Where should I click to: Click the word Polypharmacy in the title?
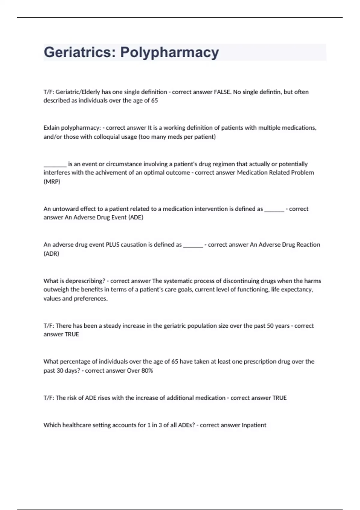[x=169, y=52]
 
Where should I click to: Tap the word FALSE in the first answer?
[x=222, y=92]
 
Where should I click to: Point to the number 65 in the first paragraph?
[x=154, y=100]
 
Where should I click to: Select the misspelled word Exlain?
[x=51, y=128]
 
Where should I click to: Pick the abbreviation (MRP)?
[x=52, y=181]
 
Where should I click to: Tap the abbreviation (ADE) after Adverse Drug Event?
[x=136, y=217]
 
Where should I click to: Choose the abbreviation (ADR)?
[x=51, y=253]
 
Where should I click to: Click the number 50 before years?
[x=270, y=326]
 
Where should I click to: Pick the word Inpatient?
[x=254, y=425]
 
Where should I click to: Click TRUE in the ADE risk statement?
[x=279, y=398]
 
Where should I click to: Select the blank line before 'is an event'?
[x=55, y=164]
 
